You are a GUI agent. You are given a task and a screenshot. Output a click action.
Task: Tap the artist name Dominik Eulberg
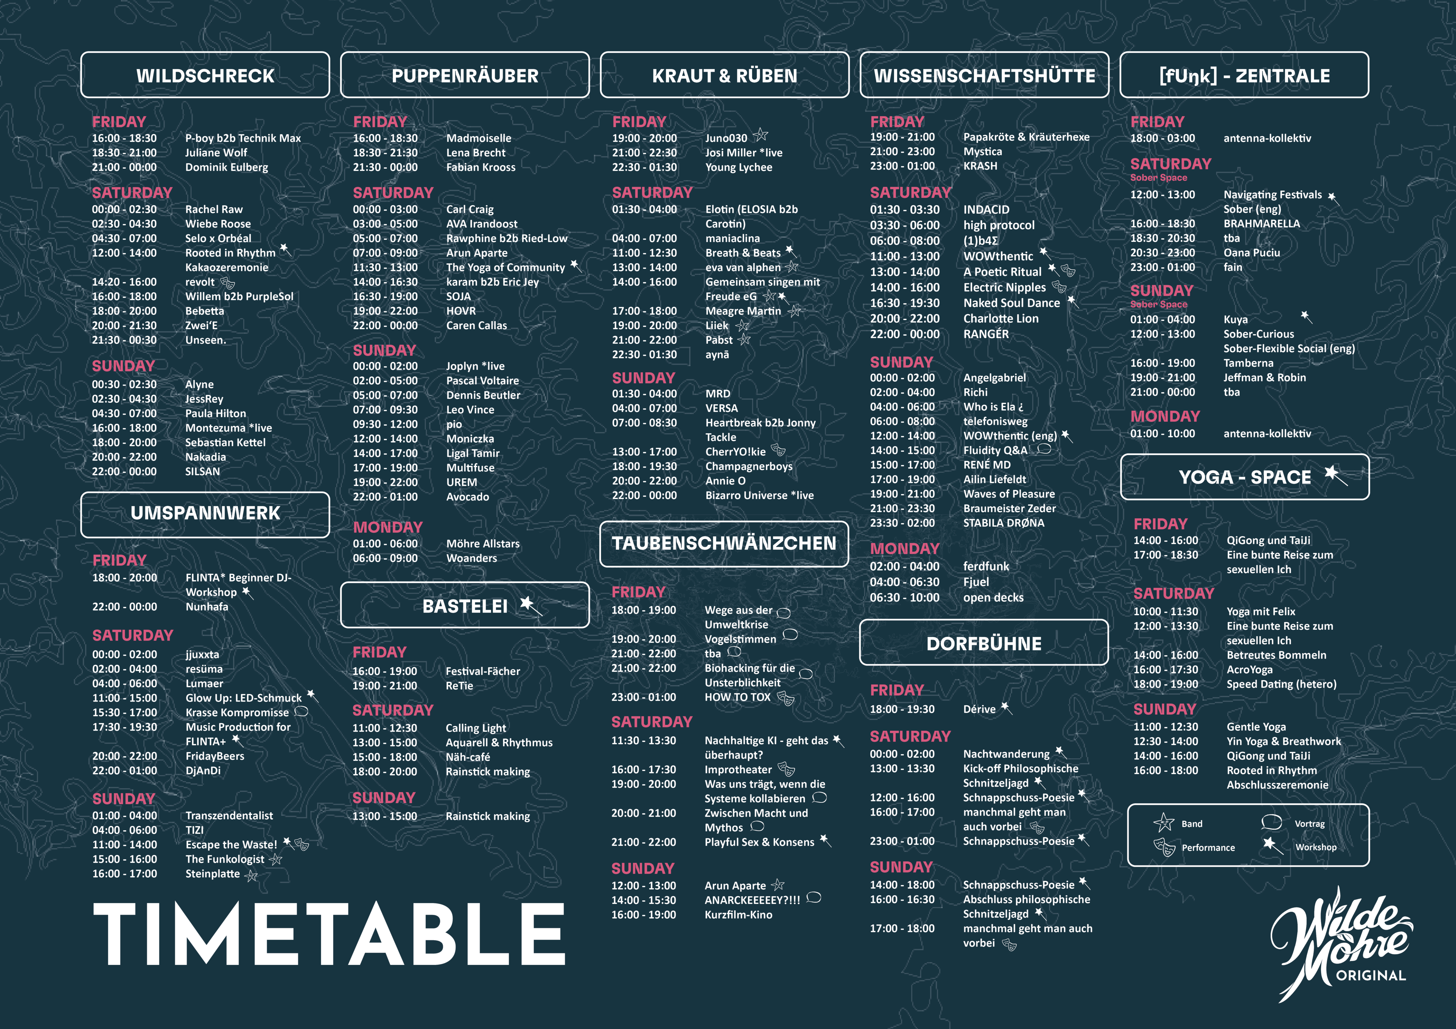[226, 167]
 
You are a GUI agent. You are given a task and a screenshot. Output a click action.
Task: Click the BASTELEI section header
[465, 606]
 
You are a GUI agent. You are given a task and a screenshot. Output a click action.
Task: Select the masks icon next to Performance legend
[1164, 847]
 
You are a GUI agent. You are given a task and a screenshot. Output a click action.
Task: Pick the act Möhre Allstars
[482, 543]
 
